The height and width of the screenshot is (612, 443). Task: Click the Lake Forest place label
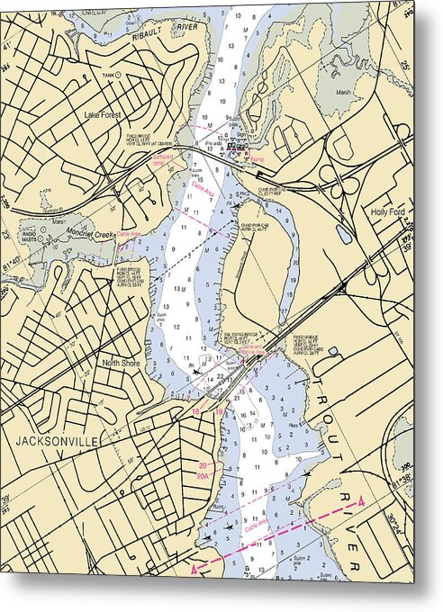coord(103,114)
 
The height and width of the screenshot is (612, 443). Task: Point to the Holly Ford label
coord(390,212)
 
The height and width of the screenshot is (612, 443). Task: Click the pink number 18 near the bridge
coord(197,411)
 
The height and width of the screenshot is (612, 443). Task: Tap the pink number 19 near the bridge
coord(220,411)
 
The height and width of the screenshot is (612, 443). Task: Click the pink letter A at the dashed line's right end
coord(361,500)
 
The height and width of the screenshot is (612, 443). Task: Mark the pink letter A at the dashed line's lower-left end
coord(193,569)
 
